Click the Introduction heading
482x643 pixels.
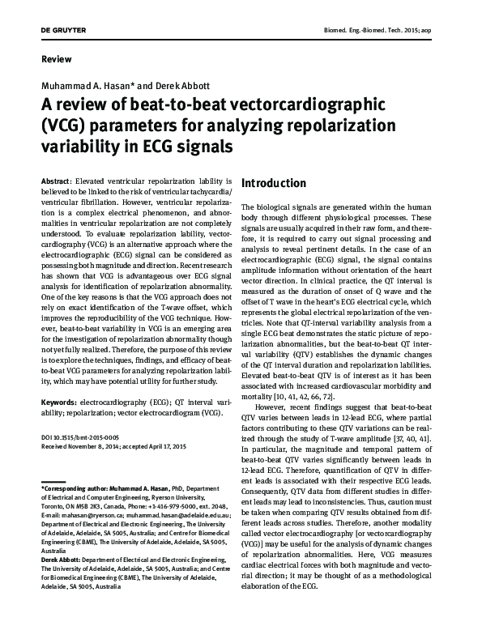click(x=274, y=184)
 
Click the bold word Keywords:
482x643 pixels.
click(x=60, y=401)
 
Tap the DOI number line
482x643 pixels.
click(x=77, y=438)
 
